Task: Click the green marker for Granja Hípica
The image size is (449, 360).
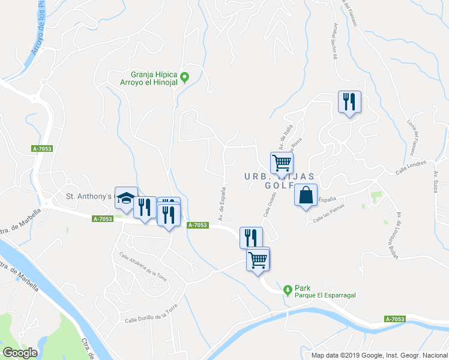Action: click(x=185, y=77)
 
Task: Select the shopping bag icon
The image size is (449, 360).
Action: click(x=306, y=196)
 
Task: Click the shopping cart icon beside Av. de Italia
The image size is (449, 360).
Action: click(x=282, y=163)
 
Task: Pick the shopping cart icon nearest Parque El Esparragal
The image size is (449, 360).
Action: click(x=258, y=260)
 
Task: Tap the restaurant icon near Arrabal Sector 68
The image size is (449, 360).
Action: click(x=350, y=102)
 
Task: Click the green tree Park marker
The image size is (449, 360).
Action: click(x=288, y=290)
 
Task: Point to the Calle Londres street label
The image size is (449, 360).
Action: click(x=411, y=167)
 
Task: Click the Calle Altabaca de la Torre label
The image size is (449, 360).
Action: click(x=142, y=265)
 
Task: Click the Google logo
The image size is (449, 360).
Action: click(x=20, y=352)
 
